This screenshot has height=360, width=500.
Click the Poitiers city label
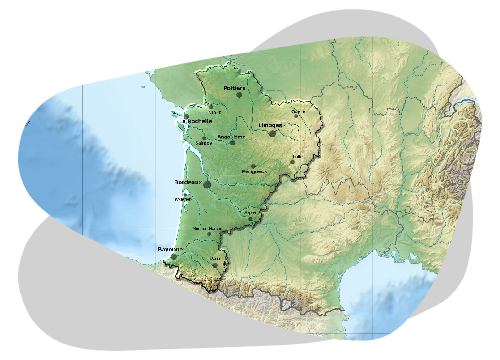click(x=235, y=87)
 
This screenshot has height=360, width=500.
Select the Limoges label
click(x=271, y=125)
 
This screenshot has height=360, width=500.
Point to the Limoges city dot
click(x=273, y=132)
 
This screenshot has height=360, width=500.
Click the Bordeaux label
click(x=190, y=182)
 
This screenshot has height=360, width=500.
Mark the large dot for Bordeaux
click(x=207, y=184)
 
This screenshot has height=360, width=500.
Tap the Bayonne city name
click(x=170, y=248)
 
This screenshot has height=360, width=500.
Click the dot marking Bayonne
click(x=174, y=256)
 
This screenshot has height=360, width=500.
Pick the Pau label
click(x=216, y=258)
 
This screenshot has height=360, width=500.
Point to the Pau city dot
click(x=215, y=265)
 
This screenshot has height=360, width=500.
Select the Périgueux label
click(x=252, y=171)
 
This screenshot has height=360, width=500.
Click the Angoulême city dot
click(x=232, y=142)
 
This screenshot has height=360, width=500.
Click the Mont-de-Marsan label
click(x=208, y=228)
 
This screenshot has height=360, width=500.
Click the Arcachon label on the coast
click(x=183, y=199)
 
